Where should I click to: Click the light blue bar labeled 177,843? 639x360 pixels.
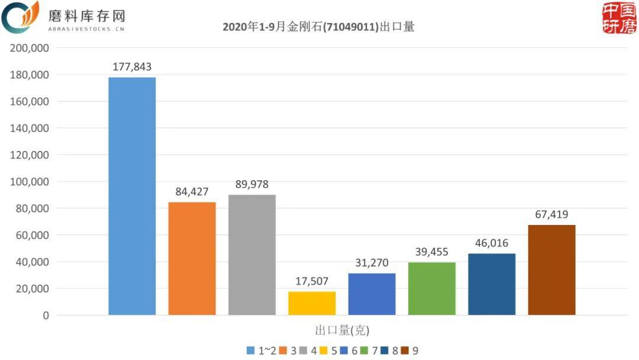(x=132, y=196)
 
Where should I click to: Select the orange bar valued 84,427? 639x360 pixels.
(x=192, y=258)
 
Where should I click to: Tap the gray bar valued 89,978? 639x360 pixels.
(x=252, y=255)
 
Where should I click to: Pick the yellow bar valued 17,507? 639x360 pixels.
(x=312, y=303)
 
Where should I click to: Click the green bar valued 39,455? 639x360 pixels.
(x=432, y=288)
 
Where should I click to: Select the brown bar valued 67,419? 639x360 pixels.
(x=551, y=269)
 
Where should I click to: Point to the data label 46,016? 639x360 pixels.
(x=492, y=243)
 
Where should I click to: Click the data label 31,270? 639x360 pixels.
(x=372, y=263)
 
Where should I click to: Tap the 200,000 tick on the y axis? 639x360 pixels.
(x=29, y=48)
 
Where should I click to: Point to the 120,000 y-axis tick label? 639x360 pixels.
(x=29, y=155)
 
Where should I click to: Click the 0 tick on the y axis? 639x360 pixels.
(x=45, y=316)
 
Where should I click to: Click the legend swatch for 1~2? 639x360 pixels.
(x=250, y=351)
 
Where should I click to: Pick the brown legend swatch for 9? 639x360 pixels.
(x=405, y=351)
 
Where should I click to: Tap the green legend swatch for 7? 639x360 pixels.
(x=364, y=351)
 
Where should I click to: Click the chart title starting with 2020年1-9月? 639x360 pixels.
(x=318, y=27)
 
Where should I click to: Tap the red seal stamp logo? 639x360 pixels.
(x=619, y=18)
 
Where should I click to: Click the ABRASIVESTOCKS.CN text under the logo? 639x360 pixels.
(x=86, y=28)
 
